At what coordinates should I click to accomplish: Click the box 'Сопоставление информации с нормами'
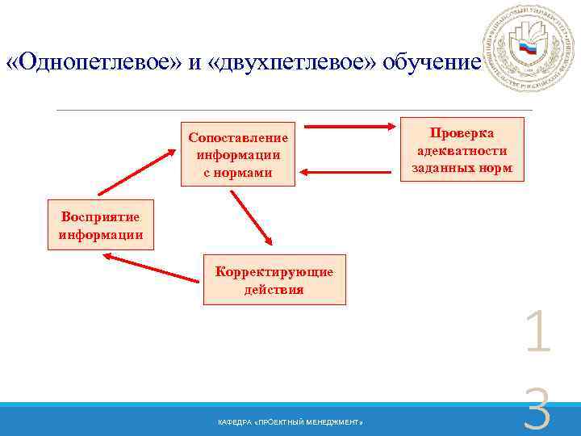[x=238, y=154]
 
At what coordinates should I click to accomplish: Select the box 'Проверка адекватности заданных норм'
[x=462, y=149]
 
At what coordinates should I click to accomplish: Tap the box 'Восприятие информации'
[x=101, y=225]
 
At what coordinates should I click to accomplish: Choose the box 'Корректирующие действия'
[x=274, y=280]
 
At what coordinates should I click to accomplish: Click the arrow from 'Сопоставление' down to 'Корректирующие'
[x=252, y=217]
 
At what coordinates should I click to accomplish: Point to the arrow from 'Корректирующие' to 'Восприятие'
[x=151, y=268]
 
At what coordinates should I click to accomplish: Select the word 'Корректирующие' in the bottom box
[x=274, y=272]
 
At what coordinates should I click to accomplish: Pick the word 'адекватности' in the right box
[x=462, y=150]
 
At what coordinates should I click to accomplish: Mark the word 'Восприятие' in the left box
[x=101, y=217]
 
